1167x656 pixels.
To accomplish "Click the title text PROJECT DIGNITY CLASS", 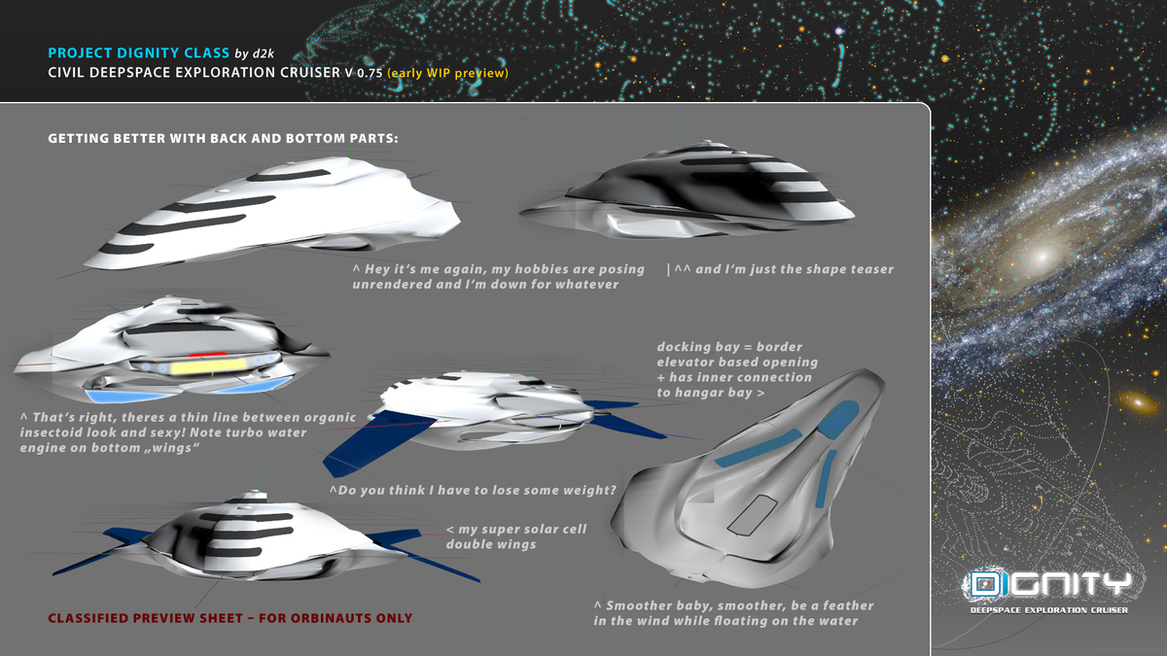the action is pyautogui.click(x=138, y=53).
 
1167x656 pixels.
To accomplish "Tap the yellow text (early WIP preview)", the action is pyautogui.click(x=447, y=73).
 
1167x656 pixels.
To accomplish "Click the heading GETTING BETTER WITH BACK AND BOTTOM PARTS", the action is pyautogui.click(x=223, y=138).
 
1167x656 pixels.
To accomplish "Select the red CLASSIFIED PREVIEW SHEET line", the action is pyautogui.click(x=230, y=618).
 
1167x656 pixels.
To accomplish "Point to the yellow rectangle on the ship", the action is pyautogui.click(x=208, y=366).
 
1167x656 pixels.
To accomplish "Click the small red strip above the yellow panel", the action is pyautogui.click(x=207, y=355).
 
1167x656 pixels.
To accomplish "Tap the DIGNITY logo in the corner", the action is pyautogui.click(x=1048, y=584).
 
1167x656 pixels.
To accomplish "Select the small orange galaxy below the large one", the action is pyautogui.click(x=1139, y=402).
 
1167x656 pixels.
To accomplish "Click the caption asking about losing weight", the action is pyautogui.click(x=473, y=491).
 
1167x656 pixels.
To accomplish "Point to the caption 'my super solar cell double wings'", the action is pyautogui.click(x=515, y=536).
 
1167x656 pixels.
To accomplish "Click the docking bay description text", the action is pyautogui.click(x=737, y=369).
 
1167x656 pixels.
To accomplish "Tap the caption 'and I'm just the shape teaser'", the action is pyautogui.click(x=780, y=269).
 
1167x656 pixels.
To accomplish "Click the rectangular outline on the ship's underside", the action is pyautogui.click(x=753, y=515).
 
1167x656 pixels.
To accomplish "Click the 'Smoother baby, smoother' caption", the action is pyautogui.click(x=733, y=613).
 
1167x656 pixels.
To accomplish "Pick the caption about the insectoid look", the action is pyautogui.click(x=188, y=432).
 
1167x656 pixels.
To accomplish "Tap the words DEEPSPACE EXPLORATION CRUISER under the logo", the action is pyautogui.click(x=1048, y=610).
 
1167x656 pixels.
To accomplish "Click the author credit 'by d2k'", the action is pyautogui.click(x=254, y=53).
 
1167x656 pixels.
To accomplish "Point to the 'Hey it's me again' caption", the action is pyautogui.click(x=498, y=276).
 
